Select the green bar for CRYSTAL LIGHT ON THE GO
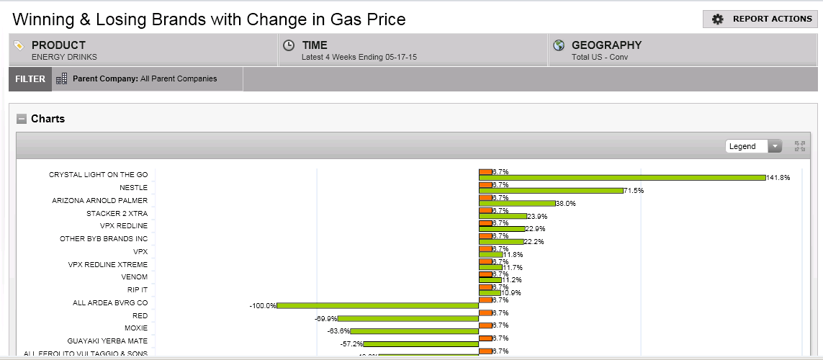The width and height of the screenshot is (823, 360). point(622,178)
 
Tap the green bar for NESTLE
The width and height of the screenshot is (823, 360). point(551,191)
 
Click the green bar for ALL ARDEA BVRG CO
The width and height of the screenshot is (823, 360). point(378,306)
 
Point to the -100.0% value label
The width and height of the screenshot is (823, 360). point(263,306)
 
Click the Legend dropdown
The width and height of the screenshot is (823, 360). point(753,146)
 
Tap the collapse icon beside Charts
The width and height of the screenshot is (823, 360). point(22,119)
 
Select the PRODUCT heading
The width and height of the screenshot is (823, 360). point(58,45)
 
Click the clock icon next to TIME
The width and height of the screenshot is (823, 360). point(289,45)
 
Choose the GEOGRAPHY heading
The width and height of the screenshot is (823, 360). point(606,45)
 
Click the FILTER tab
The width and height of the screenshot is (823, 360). point(30,79)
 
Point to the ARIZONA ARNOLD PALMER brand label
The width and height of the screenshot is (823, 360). point(100,200)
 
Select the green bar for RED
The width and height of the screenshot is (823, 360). point(408,318)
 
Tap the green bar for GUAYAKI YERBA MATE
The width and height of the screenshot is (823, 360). point(421,344)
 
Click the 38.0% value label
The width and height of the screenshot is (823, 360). point(566,204)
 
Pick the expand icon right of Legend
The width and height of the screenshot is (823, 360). point(799,146)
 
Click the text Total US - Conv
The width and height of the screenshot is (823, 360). point(600,57)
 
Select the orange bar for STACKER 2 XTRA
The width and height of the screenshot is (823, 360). point(485,210)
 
